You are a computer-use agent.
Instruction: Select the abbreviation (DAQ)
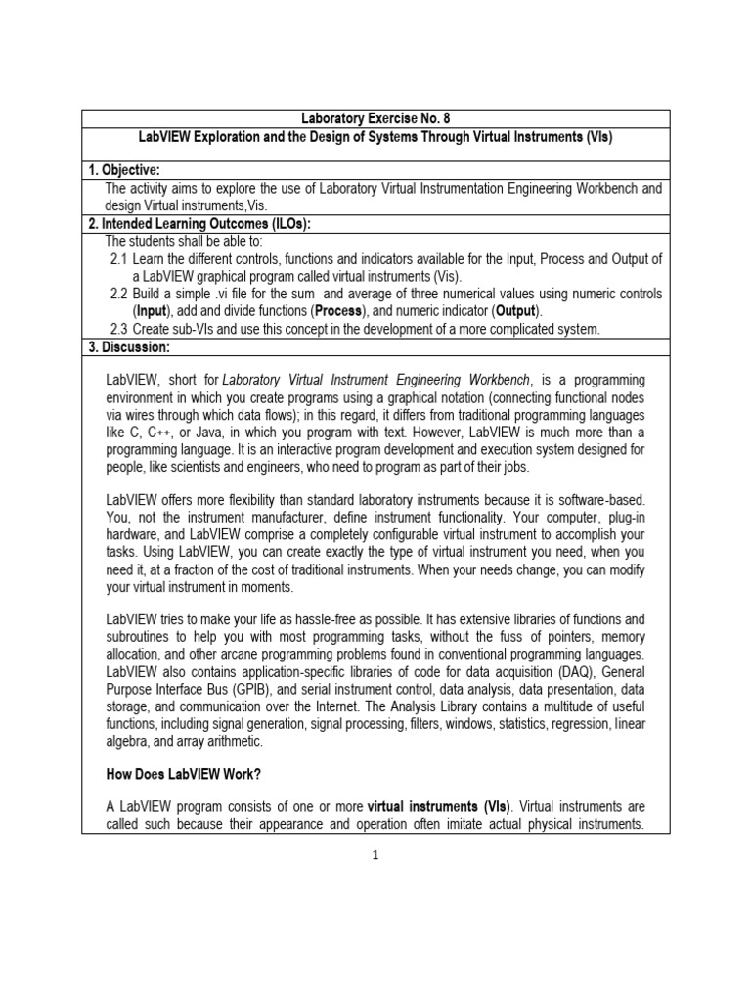[x=552, y=673]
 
